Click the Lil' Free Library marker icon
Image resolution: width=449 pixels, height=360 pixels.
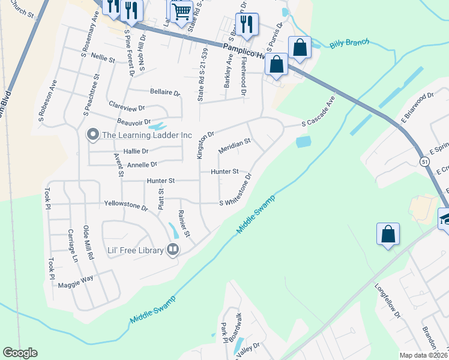click(173, 249)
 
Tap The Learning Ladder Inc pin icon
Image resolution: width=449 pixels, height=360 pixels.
click(92, 134)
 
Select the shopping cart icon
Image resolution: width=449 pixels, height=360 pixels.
click(181, 10)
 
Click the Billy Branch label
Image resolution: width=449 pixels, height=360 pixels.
click(349, 44)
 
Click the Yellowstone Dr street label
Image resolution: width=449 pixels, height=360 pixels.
click(126, 206)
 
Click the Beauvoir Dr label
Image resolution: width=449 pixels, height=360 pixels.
click(133, 122)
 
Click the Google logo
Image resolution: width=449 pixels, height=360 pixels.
click(20, 353)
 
